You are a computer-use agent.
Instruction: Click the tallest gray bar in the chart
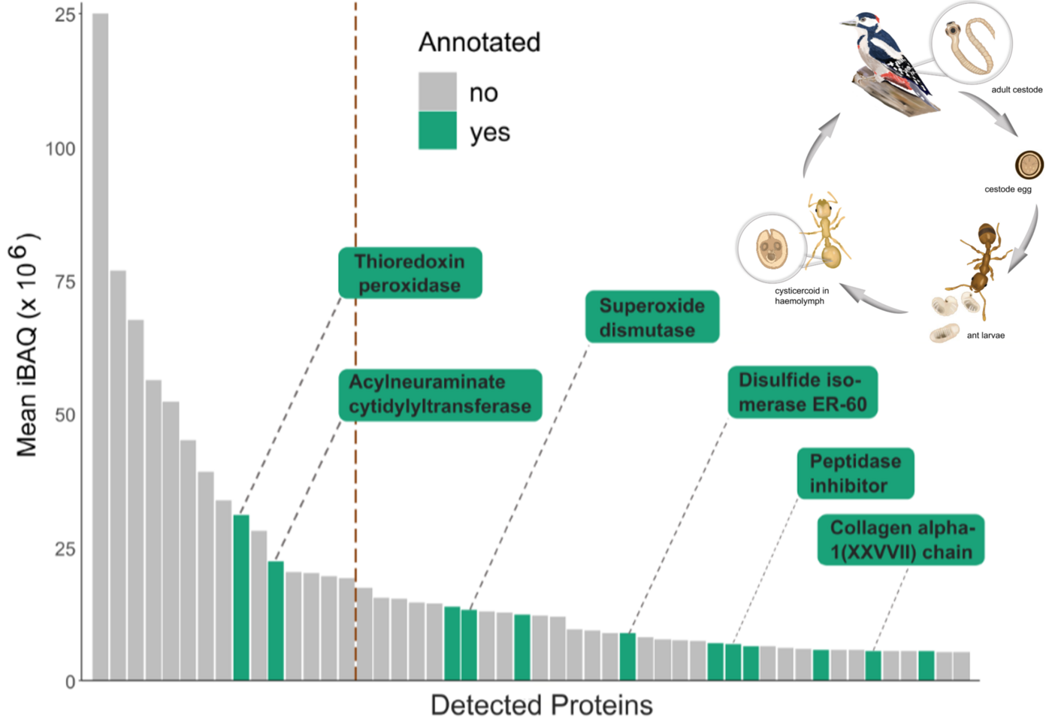click(x=100, y=346)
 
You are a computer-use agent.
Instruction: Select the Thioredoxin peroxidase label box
click(x=410, y=273)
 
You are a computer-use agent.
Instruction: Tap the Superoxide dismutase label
click(x=652, y=317)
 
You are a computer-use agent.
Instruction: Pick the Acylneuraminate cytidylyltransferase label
click(x=440, y=395)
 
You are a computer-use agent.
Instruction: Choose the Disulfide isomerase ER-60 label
click(x=803, y=392)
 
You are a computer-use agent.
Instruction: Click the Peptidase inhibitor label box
click(x=855, y=473)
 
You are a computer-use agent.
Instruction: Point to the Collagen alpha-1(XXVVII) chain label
click(x=901, y=539)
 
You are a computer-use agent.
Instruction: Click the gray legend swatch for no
click(x=437, y=92)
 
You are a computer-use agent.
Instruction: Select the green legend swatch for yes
click(x=437, y=131)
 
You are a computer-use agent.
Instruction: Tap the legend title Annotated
click(x=479, y=42)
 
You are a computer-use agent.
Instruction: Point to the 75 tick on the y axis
click(x=65, y=282)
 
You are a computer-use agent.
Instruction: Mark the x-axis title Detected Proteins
click(x=542, y=705)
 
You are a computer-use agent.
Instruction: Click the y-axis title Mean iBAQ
click(x=26, y=345)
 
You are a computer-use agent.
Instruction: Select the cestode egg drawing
click(x=1029, y=164)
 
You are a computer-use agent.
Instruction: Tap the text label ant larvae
click(x=986, y=335)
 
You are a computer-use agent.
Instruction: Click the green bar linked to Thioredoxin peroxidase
click(x=241, y=598)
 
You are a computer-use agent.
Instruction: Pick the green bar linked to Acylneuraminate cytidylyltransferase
click(x=276, y=620)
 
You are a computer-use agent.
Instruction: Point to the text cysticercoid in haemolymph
click(x=802, y=296)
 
